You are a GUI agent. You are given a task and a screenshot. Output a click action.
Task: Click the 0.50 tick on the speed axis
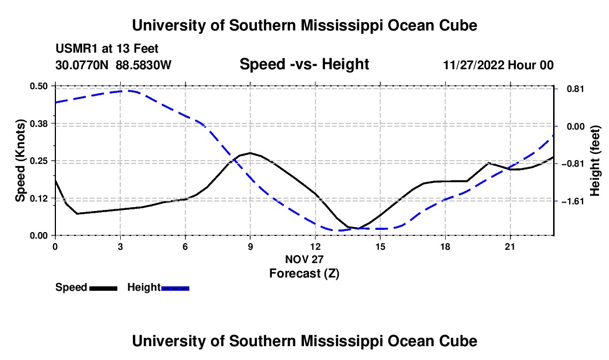click(x=38, y=86)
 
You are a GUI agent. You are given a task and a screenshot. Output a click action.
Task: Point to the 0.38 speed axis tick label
click(x=38, y=124)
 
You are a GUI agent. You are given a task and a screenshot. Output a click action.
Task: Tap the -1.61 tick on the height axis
click(x=575, y=201)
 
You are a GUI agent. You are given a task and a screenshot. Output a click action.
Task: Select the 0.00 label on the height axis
click(x=576, y=127)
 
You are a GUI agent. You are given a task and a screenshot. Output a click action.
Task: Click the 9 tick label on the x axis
click(x=250, y=246)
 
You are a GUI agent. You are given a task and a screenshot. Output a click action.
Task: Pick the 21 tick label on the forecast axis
click(x=510, y=246)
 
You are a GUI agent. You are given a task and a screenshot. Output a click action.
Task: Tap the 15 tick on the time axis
click(x=380, y=246)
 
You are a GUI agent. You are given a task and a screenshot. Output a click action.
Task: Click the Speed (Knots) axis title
click(x=20, y=161)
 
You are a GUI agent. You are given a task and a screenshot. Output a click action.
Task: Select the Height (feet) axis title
click(x=595, y=161)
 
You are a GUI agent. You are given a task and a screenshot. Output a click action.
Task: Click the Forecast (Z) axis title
click(x=304, y=274)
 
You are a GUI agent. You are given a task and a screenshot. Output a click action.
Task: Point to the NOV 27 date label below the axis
click(x=304, y=259)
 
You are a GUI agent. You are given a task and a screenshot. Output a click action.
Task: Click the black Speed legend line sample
click(x=104, y=289)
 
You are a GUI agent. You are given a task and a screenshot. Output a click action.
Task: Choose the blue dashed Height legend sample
click(x=175, y=289)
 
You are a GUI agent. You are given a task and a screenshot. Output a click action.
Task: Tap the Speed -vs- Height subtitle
click(x=304, y=64)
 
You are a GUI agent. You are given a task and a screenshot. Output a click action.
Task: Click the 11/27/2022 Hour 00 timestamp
click(x=498, y=65)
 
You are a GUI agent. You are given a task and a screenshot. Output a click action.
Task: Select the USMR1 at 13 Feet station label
click(x=107, y=49)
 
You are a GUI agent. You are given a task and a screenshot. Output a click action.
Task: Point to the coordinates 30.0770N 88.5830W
click(x=113, y=65)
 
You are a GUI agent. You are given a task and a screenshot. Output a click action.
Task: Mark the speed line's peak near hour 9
click(x=250, y=153)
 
